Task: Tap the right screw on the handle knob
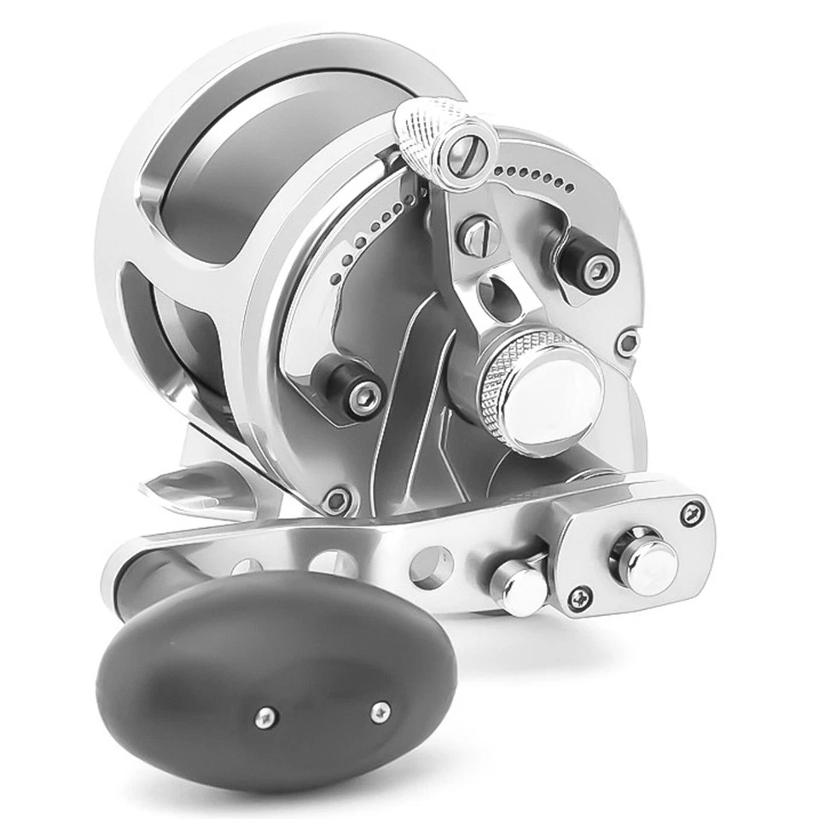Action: (x=380, y=710)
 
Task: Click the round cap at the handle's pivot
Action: (x=645, y=560)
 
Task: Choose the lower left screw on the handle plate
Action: (x=581, y=598)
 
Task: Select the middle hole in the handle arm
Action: (x=333, y=563)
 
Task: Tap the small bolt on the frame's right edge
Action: (x=629, y=343)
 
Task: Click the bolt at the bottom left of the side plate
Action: (x=338, y=499)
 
